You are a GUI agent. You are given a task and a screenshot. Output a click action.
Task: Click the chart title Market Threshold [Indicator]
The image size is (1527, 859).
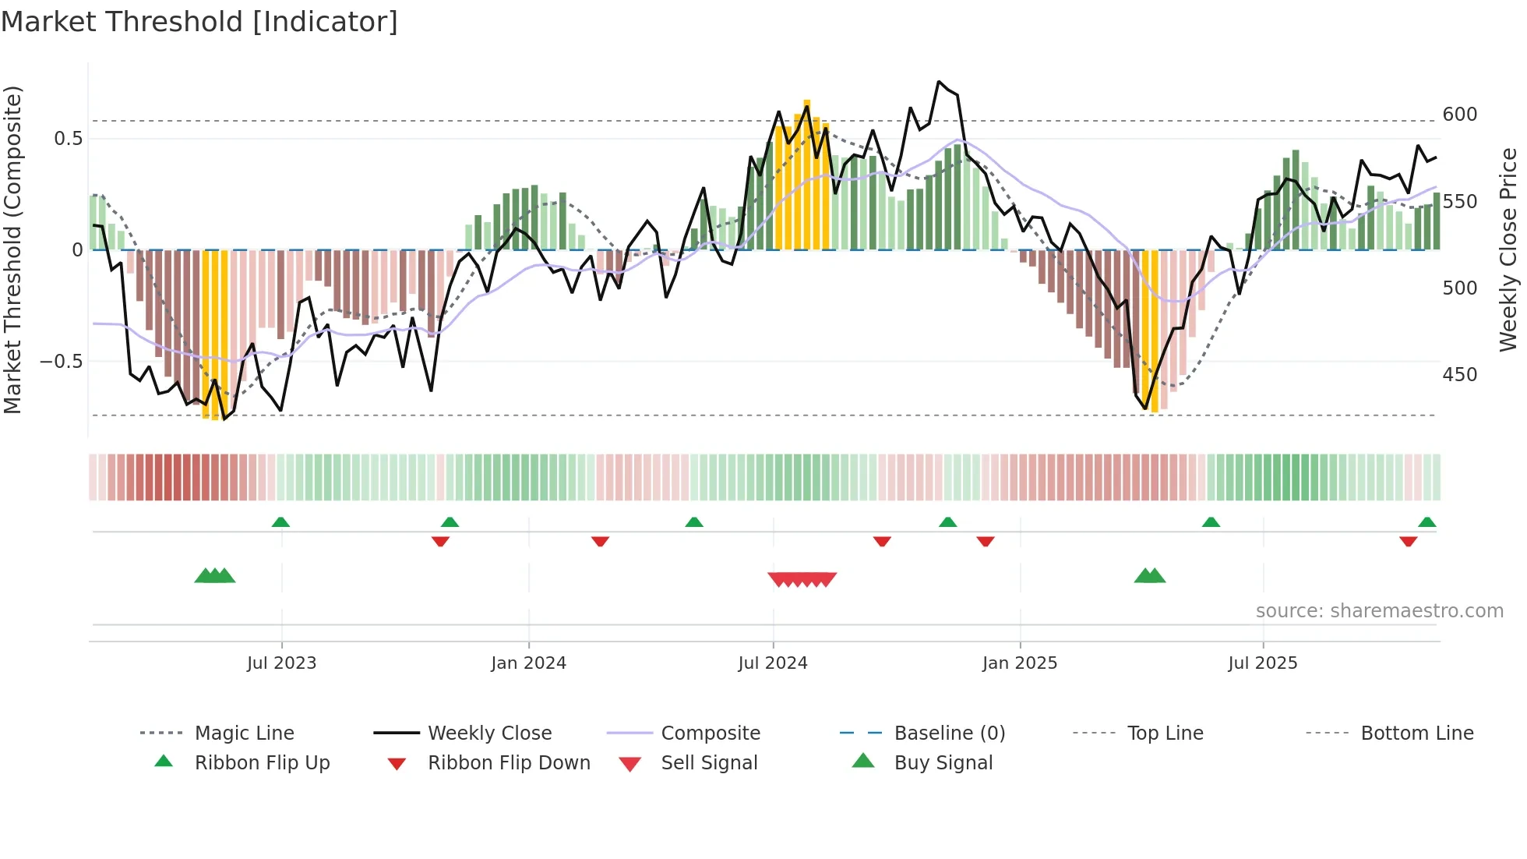tap(199, 22)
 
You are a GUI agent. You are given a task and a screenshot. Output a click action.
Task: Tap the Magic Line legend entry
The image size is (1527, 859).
tap(244, 733)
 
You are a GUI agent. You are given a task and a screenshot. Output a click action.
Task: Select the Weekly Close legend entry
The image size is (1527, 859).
tap(489, 733)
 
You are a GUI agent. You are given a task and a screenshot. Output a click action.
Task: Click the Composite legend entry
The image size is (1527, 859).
tap(710, 733)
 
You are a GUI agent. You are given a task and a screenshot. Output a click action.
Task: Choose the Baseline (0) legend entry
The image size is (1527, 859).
tap(949, 733)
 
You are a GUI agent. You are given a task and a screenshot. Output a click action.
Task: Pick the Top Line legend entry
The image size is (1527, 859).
tap(1165, 733)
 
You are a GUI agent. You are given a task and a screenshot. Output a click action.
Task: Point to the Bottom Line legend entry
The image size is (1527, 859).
tap(1416, 733)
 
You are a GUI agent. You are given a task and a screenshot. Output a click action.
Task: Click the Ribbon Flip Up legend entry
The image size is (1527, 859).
tap(262, 762)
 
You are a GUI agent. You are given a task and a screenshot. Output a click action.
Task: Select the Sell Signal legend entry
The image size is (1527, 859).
tap(708, 762)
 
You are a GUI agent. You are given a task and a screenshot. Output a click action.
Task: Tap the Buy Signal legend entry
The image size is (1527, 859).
tap(943, 762)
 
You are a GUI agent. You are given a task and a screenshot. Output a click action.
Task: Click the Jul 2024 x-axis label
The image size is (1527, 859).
tap(772, 663)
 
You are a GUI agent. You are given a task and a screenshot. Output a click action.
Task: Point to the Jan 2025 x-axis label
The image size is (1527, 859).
tap(1019, 663)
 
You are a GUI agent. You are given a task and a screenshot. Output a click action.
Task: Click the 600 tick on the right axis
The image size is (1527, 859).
tap(1459, 115)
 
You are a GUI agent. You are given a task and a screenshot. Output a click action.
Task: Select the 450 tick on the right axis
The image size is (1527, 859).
tap(1459, 375)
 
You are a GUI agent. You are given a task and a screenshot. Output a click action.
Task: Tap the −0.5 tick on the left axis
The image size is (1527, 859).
tap(61, 362)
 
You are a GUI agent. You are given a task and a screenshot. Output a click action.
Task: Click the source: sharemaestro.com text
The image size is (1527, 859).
tap(1379, 611)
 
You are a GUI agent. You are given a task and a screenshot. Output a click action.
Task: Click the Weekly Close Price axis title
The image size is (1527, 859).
tap(1508, 249)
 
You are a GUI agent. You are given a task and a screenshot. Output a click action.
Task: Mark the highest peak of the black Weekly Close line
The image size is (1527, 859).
tap(939, 81)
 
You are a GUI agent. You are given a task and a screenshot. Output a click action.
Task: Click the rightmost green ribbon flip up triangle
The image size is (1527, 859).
tap(1426, 522)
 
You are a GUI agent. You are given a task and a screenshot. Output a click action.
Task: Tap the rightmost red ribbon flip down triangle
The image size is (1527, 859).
tap(1408, 541)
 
